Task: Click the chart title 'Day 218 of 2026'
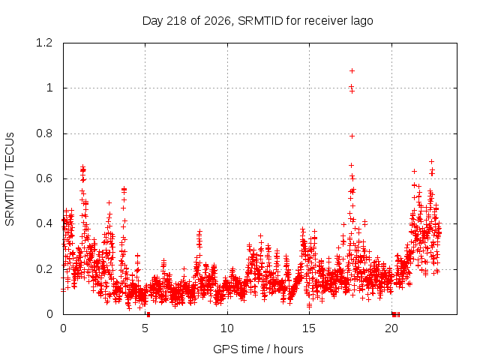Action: pyautogui.click(x=186, y=21)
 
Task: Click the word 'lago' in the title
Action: pyautogui.click(x=362, y=22)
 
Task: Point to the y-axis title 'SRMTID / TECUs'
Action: pyautogui.click(x=10, y=179)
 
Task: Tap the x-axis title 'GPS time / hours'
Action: pyautogui.click(x=258, y=349)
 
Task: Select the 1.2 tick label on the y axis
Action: pyautogui.click(x=44, y=43)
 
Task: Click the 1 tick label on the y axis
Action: pyautogui.click(x=49, y=88)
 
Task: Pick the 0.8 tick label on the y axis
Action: pyautogui.click(x=44, y=133)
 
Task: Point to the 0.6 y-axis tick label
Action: pyautogui.click(x=44, y=178)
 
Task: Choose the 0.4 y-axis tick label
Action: pyautogui.click(x=44, y=223)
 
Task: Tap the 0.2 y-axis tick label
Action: pyautogui.click(x=44, y=269)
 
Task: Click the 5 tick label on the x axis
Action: pyautogui.click(x=145, y=328)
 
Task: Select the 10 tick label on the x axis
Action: pyautogui.click(x=227, y=328)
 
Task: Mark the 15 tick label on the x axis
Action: pyautogui.click(x=309, y=328)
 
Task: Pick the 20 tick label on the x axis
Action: pyautogui.click(x=391, y=328)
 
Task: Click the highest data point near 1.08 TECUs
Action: pyautogui.click(x=352, y=71)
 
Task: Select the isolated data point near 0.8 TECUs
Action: pyautogui.click(x=352, y=136)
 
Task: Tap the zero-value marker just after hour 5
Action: pyautogui.click(x=148, y=314)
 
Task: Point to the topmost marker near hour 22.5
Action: pyautogui.click(x=432, y=161)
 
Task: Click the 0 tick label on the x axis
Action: pyautogui.click(x=63, y=328)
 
